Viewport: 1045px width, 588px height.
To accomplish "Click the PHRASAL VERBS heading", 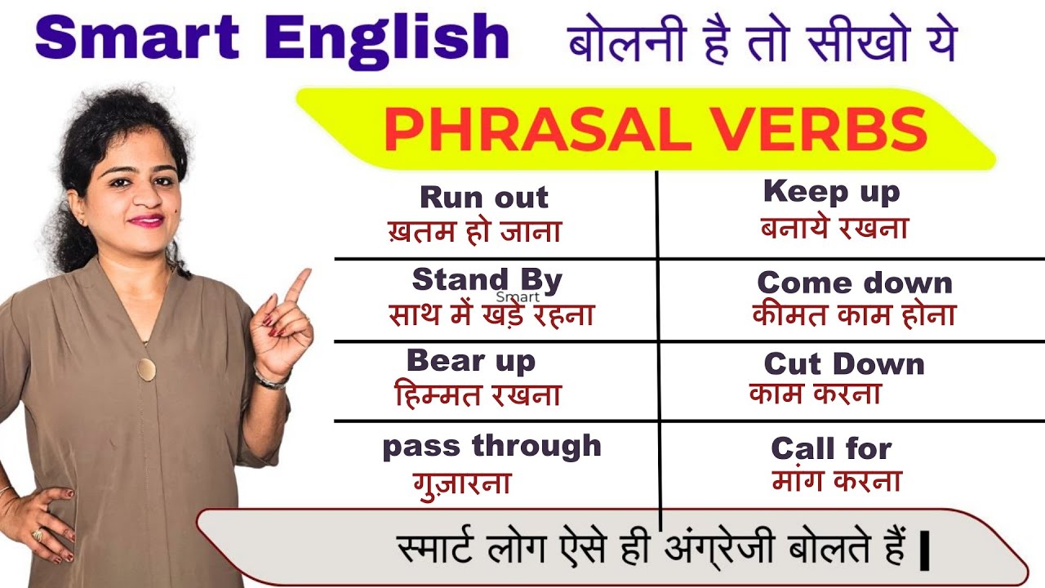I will [656, 131].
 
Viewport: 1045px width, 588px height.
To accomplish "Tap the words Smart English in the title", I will [273, 38].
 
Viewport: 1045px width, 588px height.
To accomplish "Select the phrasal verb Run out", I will [484, 197].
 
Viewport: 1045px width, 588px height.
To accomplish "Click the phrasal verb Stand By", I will [487, 279].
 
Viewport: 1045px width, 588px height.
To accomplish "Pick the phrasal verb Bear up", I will [471, 359].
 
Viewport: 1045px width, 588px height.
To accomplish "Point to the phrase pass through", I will [491, 446].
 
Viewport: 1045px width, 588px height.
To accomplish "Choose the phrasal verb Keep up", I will [831, 192].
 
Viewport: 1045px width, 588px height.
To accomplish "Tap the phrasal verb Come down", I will [855, 283].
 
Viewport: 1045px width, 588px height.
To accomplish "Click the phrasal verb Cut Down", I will [844, 363].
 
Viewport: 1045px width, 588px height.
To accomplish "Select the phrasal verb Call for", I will [831, 448].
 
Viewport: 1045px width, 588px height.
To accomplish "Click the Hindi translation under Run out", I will [474, 231].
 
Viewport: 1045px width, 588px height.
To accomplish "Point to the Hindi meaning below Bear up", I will [478, 395].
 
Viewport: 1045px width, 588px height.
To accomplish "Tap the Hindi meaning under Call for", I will [837, 481].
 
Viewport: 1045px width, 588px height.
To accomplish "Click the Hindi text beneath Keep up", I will [834, 228].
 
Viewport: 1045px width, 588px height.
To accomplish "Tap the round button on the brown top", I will [146, 369].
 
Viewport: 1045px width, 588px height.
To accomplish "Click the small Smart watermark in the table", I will [518, 297].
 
